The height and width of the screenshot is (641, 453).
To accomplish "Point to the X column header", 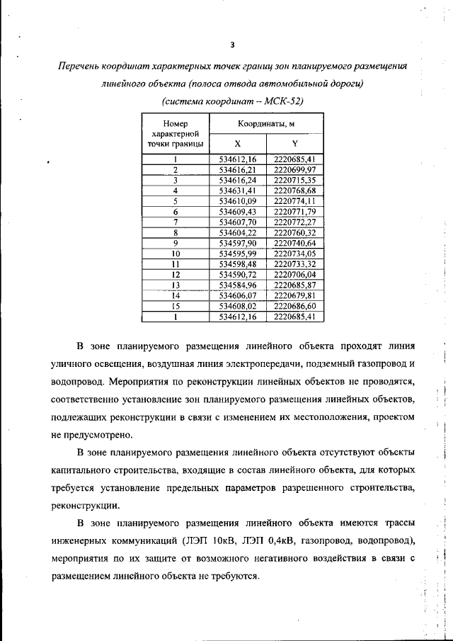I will click(238, 142).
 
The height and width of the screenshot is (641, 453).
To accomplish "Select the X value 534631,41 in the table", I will click(237, 191).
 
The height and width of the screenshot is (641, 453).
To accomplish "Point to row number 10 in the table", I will click(176, 254).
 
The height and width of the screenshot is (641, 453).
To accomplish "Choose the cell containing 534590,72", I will click(237, 274).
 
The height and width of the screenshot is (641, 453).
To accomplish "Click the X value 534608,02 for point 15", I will click(237, 306).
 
